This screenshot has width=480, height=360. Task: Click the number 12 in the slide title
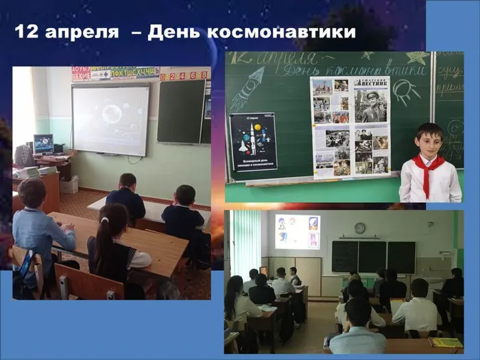[x=26, y=32]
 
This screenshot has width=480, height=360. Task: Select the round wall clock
[x=360, y=228]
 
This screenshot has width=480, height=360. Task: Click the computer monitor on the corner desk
[x=44, y=143]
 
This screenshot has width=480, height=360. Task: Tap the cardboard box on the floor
[x=69, y=184]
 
